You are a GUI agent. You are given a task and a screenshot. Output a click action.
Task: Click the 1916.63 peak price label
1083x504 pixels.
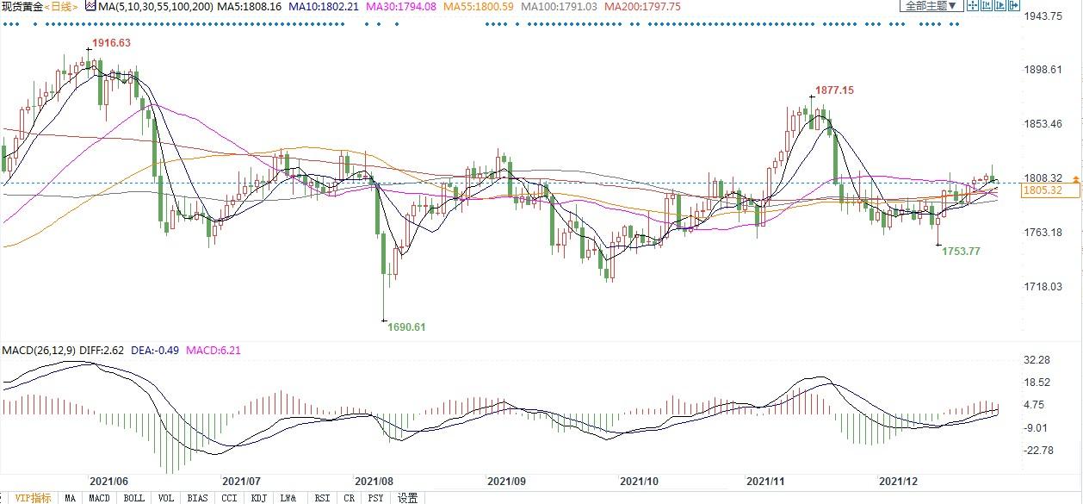(111, 43)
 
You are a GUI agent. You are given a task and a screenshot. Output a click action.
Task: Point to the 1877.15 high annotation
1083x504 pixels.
(834, 90)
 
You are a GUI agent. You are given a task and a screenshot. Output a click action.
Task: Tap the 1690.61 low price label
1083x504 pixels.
(406, 327)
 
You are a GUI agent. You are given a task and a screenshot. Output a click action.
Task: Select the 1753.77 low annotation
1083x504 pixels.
(961, 251)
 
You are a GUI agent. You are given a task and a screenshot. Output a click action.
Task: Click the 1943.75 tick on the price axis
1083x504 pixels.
(1043, 16)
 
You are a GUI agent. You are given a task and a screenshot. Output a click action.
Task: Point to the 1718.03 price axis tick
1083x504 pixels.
(1043, 286)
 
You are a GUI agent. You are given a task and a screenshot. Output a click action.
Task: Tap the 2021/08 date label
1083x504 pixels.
(374, 481)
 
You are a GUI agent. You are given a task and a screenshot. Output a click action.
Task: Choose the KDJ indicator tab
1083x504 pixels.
(258, 498)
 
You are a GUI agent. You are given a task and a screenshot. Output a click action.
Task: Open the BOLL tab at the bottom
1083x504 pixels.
(133, 498)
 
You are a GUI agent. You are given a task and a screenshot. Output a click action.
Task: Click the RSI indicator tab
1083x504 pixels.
(322, 498)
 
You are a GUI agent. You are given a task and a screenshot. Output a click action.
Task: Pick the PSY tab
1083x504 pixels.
(375, 498)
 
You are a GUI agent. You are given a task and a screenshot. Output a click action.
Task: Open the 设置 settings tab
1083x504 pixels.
(408, 498)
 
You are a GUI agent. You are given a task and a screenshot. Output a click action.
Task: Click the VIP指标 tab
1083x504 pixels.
(33, 498)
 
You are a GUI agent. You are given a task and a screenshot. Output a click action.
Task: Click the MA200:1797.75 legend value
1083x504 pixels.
(642, 7)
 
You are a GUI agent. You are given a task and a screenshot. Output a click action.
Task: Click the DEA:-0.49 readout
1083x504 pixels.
(159, 351)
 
